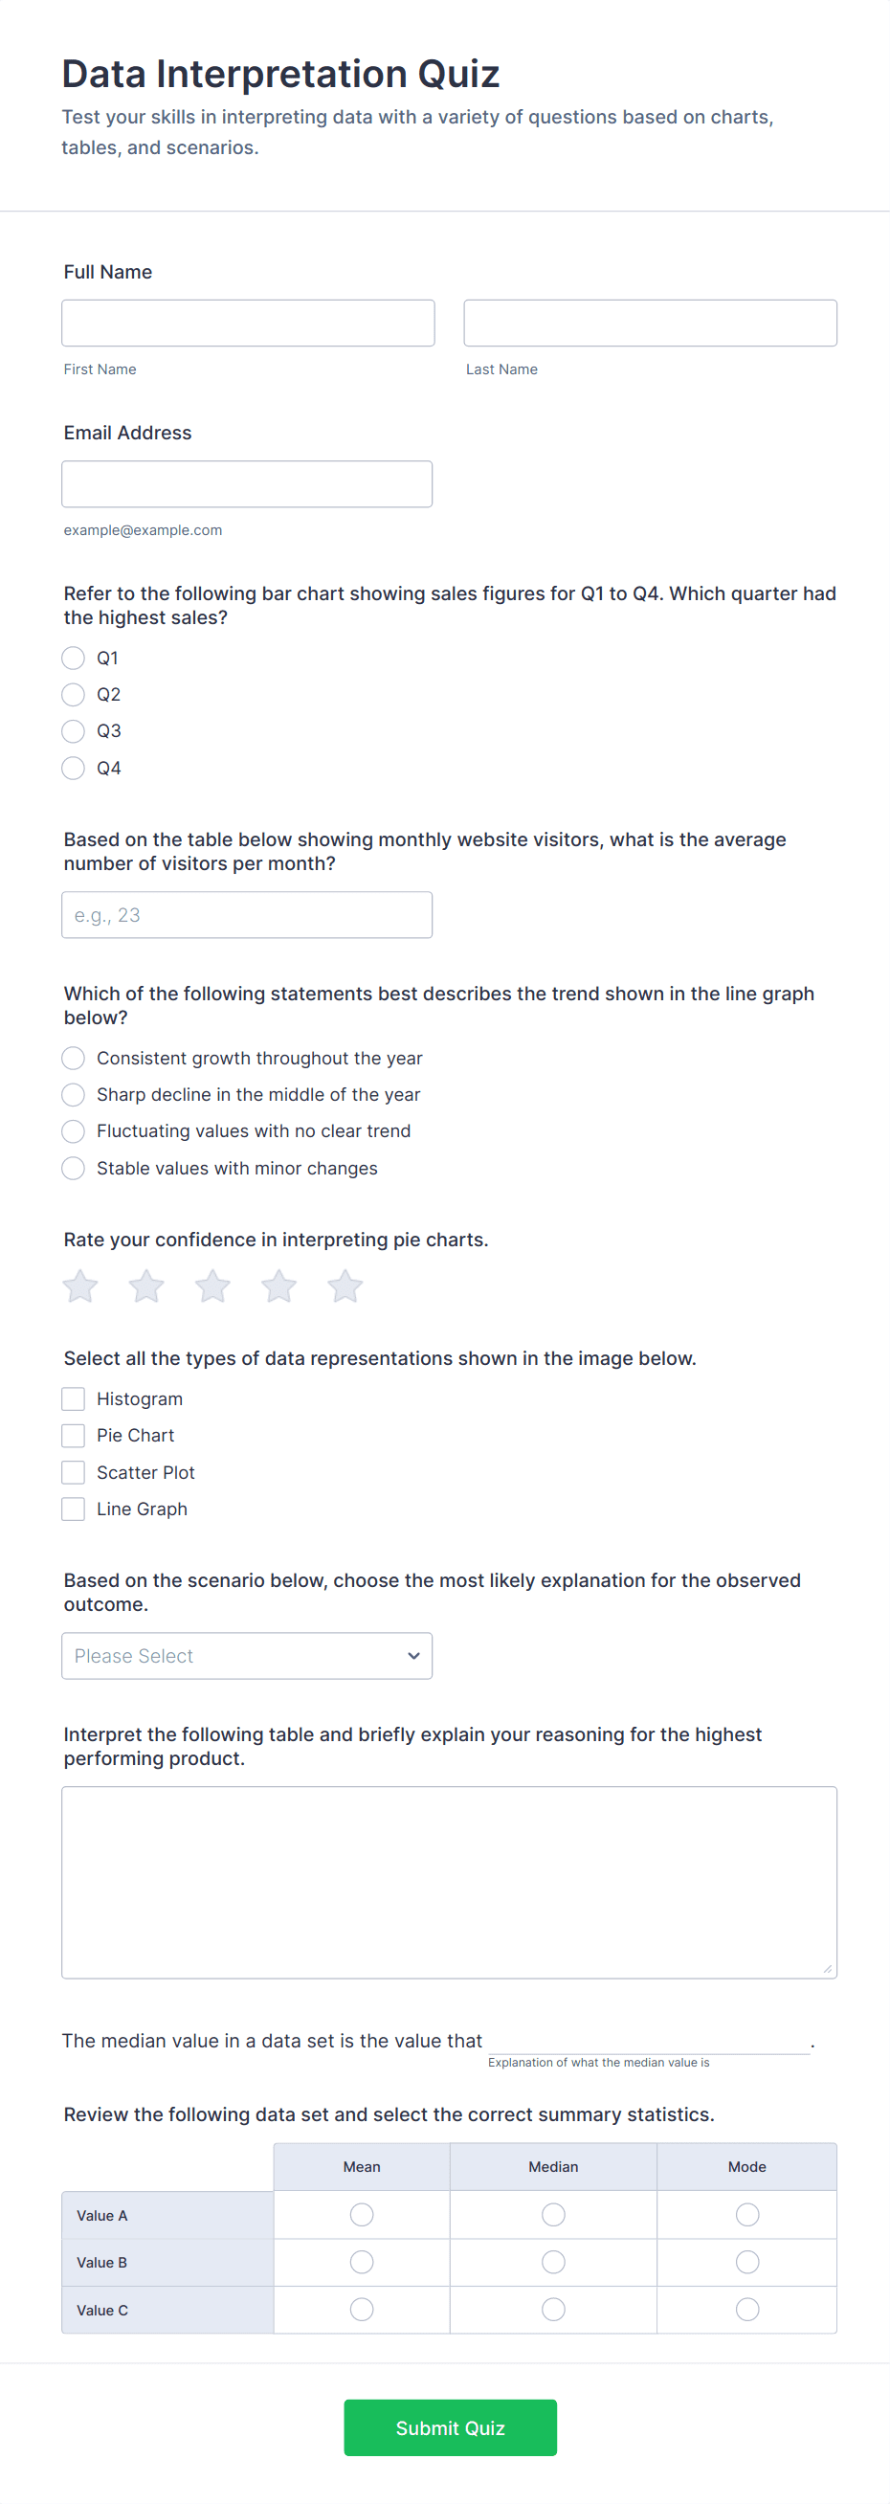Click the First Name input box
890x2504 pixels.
click(x=248, y=323)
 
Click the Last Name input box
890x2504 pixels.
click(x=649, y=323)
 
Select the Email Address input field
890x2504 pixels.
click(x=247, y=484)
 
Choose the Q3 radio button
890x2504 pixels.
click(x=73, y=731)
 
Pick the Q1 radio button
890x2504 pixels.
click(x=73, y=659)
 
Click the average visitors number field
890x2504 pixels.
click(x=247, y=915)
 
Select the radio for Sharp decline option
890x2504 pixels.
click(x=73, y=1094)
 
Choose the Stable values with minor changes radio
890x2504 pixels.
click(x=73, y=1168)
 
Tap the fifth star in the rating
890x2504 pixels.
click(x=345, y=1286)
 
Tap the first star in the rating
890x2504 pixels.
click(x=80, y=1286)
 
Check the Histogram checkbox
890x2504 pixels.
click(x=73, y=1398)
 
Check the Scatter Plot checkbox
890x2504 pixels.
click(x=73, y=1472)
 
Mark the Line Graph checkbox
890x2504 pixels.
click(x=73, y=1509)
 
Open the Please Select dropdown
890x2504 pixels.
click(x=247, y=1655)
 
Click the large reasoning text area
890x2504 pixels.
click(x=449, y=1882)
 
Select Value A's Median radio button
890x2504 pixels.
click(x=553, y=2214)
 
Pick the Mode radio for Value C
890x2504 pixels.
click(x=746, y=2309)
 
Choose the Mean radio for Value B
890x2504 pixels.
click(x=362, y=2262)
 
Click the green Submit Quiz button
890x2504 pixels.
click(x=450, y=2427)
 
